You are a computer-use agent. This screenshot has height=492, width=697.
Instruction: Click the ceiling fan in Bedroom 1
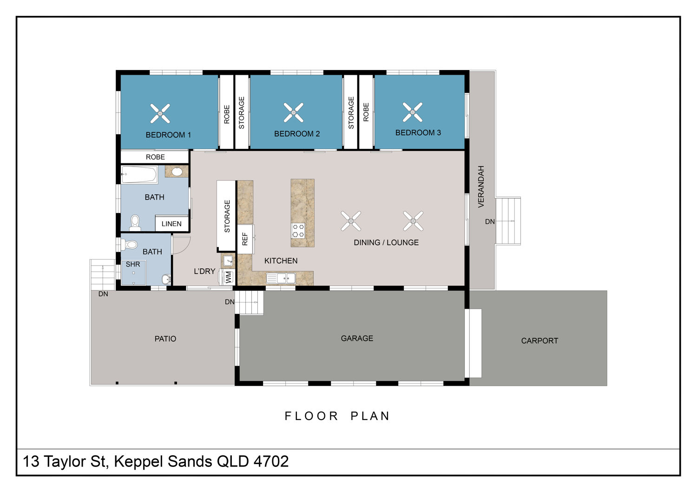click(x=160, y=113)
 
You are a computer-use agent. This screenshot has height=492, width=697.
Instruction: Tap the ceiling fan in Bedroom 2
click(x=293, y=112)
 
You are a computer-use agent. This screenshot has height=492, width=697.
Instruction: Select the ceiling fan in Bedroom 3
click(x=413, y=112)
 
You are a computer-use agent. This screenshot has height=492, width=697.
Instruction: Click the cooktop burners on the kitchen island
click(x=298, y=231)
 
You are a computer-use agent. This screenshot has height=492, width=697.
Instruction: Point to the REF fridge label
click(x=245, y=239)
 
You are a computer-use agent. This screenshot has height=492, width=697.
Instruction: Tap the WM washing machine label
click(x=229, y=277)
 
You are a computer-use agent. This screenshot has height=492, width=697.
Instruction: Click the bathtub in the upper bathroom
click(x=139, y=175)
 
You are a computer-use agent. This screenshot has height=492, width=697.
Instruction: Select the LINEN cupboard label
click(x=171, y=224)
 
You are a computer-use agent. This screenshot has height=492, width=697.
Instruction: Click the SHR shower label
click(x=133, y=264)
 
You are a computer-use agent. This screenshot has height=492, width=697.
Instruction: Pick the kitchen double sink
click(x=281, y=278)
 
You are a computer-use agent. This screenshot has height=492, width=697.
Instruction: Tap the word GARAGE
click(x=357, y=338)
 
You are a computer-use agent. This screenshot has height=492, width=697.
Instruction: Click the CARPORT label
click(x=539, y=341)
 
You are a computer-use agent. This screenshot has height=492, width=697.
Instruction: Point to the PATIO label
click(x=165, y=338)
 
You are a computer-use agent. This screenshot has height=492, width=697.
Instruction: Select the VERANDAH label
click(x=481, y=187)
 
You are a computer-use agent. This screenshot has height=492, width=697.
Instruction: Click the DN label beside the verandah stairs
click(x=490, y=221)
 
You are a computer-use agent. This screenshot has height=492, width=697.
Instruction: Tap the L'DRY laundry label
click(x=204, y=272)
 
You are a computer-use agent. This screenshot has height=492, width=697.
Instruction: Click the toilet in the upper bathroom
click(x=135, y=222)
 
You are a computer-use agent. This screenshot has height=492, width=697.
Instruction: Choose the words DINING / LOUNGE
click(x=386, y=242)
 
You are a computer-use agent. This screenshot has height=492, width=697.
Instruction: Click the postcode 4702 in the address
click(x=271, y=461)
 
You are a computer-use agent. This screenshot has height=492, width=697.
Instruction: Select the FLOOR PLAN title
click(x=337, y=416)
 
